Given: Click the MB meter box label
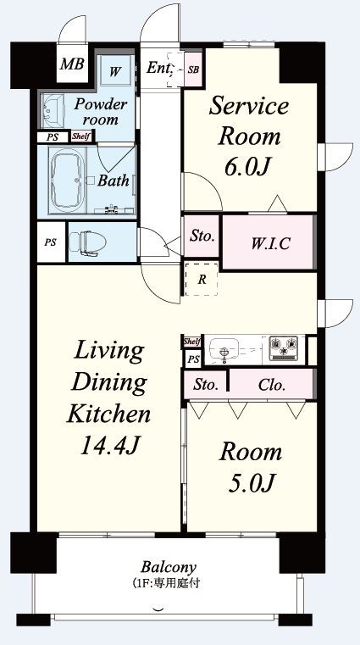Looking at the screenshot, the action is pos(72,64).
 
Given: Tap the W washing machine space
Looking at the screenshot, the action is pos(115,71).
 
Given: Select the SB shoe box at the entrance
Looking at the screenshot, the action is pos(193,70).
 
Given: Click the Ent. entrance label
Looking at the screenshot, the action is pos(158,68).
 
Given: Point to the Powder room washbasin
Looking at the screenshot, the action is pos(53,111).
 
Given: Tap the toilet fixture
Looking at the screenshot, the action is pos(82,242).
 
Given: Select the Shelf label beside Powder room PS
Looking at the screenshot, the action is pos(81,136).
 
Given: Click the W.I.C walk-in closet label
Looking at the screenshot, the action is pos(270,243).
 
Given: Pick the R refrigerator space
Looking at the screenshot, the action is pos(202,280).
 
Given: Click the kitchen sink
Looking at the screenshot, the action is pos(224,350).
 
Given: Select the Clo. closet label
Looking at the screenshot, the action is pos(272,386).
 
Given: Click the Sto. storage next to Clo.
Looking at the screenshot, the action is pos(206,385).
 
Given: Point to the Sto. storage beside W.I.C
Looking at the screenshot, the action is pos(202,236).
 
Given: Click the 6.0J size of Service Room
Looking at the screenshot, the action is pos(249,167).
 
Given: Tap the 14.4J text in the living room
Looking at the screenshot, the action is pos(108,445).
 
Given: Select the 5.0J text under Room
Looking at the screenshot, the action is pos(250,482).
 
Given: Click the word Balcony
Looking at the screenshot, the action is pos(169,568).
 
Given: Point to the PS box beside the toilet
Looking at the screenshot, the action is pos(51,242).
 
